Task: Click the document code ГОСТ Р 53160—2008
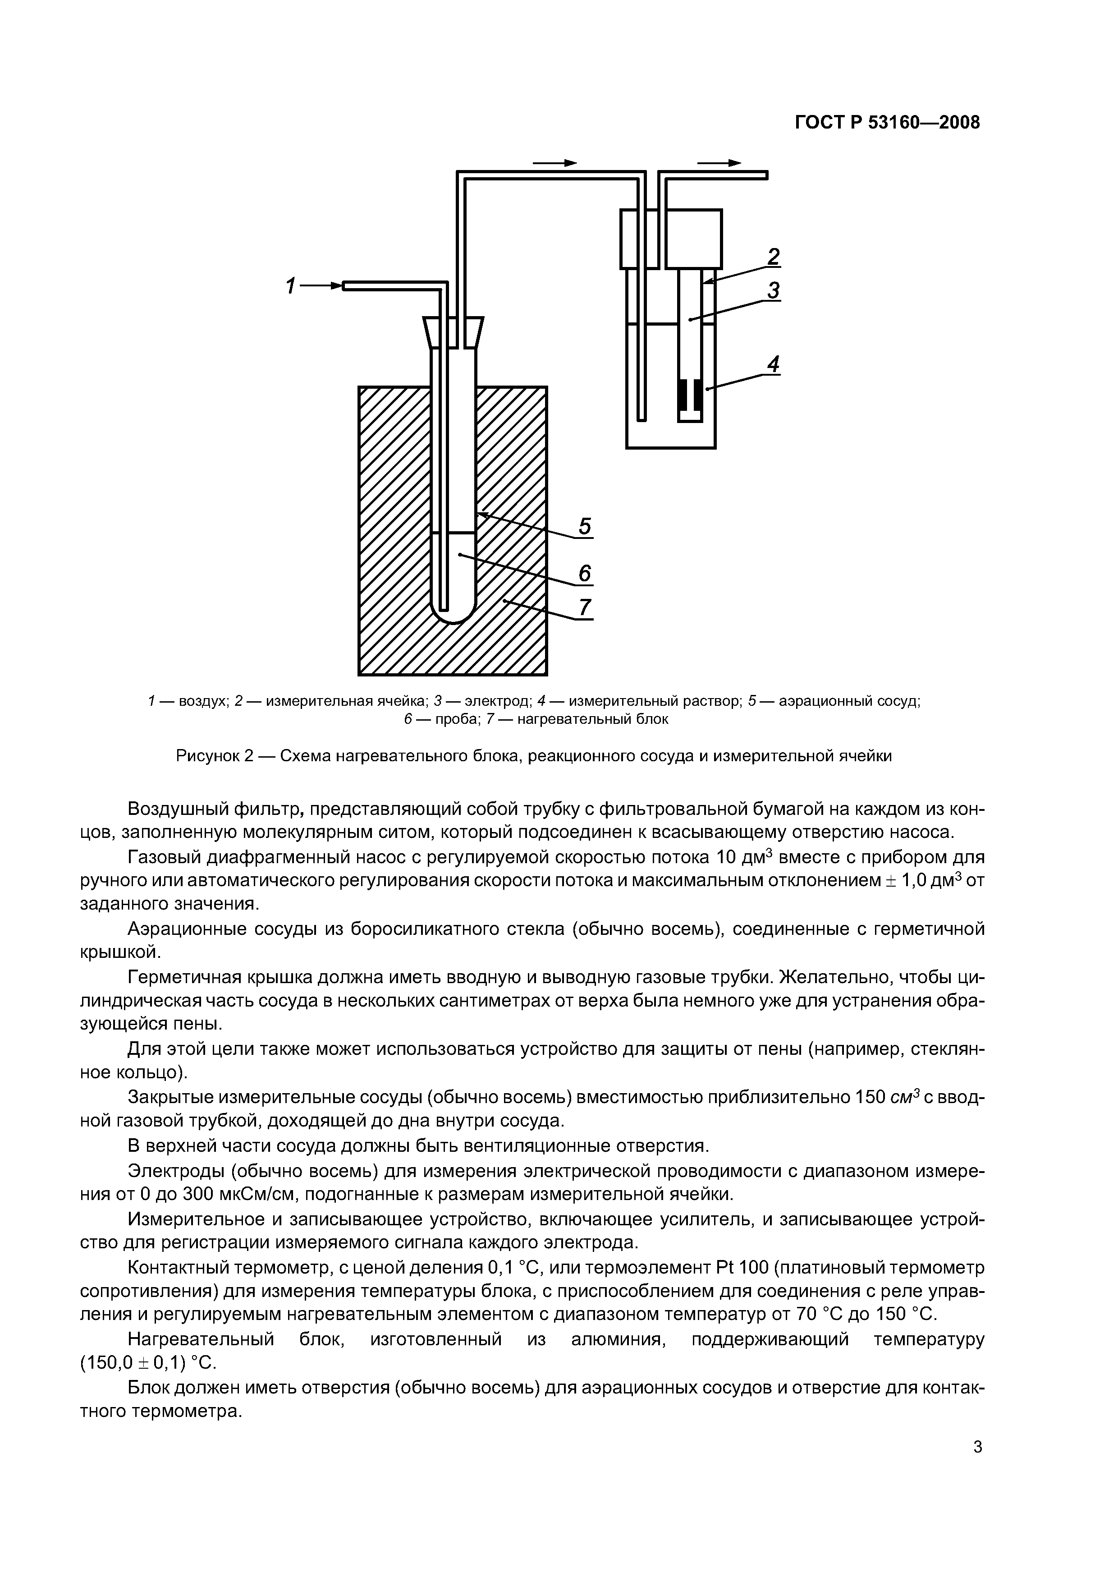[887, 123]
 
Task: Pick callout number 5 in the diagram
[585, 526]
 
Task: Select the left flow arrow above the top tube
[554, 163]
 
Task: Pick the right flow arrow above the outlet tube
[719, 163]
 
